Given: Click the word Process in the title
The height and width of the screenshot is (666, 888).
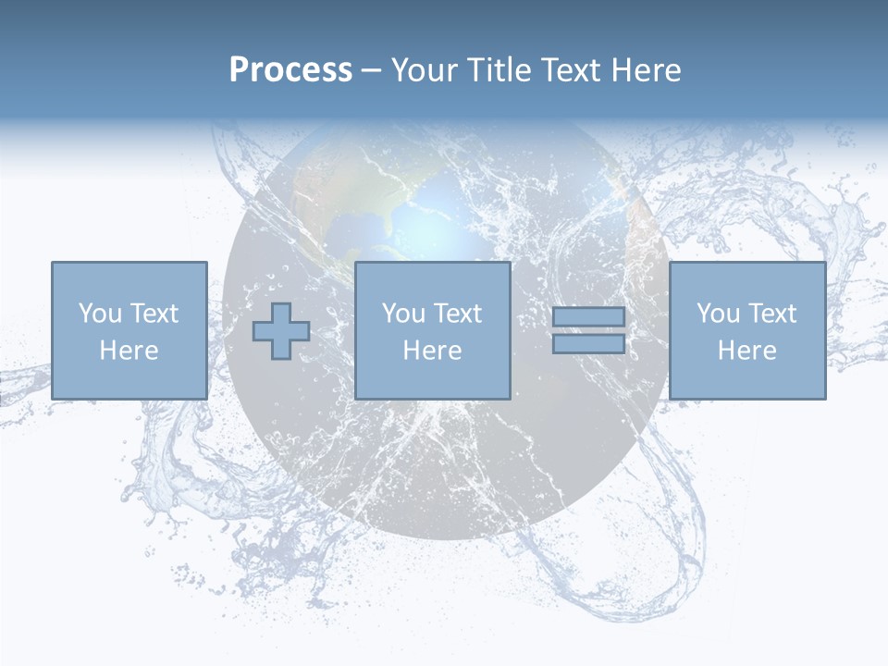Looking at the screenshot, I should click(x=290, y=70).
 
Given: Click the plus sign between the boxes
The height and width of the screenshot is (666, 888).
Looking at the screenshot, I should click(x=281, y=331).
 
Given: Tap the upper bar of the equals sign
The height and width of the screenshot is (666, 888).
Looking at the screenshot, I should click(x=588, y=317).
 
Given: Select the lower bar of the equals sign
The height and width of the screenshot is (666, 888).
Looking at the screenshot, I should click(x=588, y=343).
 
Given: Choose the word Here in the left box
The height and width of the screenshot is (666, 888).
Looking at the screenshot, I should click(x=129, y=351).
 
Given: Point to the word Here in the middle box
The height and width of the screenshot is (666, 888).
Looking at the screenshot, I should click(x=433, y=351).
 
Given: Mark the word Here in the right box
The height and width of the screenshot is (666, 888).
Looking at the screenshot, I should click(x=747, y=351).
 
